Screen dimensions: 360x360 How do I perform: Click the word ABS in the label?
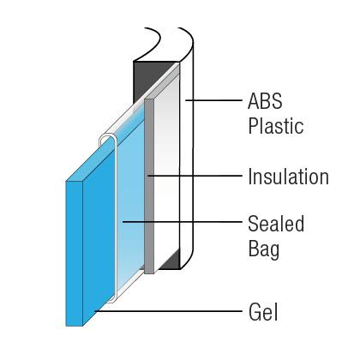tap(265, 101)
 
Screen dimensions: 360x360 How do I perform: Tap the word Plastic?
tap(276, 126)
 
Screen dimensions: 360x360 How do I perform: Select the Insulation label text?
tap(289, 177)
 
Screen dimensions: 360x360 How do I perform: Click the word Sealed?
tap(276, 224)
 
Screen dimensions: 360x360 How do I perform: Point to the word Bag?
tap(264, 249)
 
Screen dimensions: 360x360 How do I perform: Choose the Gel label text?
tap(263, 311)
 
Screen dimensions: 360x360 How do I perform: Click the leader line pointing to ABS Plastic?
tap(213, 100)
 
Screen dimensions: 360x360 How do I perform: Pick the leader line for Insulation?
tap(195, 176)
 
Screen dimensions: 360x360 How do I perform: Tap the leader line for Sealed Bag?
tap(182, 221)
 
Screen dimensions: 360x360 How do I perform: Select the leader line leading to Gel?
tap(169, 310)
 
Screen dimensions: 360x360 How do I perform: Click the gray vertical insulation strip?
tap(149, 186)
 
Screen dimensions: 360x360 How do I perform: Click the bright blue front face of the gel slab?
tap(75, 254)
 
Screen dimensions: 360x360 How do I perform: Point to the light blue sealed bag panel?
tap(130, 200)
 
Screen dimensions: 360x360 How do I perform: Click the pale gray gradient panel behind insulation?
tap(166, 171)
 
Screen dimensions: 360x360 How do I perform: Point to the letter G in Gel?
tap(255, 312)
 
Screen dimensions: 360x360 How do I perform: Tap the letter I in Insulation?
tap(249, 177)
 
